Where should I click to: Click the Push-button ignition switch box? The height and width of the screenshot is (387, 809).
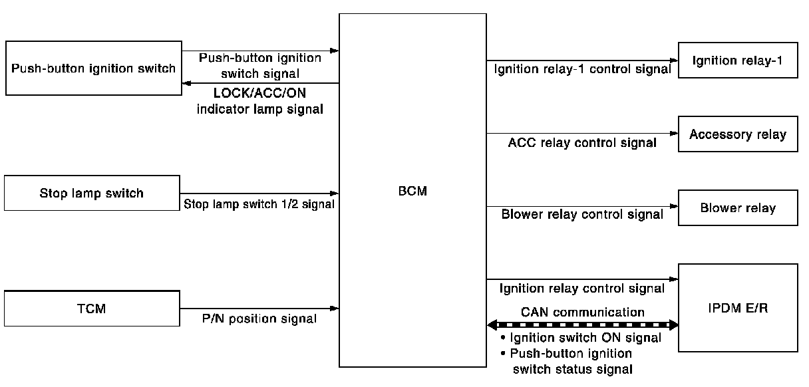coord(94,68)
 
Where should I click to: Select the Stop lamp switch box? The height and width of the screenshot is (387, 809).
coord(92,193)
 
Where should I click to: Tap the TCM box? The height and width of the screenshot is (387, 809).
coord(92,309)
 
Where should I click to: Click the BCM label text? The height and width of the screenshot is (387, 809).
coord(412,191)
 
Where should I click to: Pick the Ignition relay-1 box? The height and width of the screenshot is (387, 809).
coord(738,61)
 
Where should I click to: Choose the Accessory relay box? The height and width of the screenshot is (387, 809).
coord(738,134)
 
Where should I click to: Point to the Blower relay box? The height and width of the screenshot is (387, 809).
coord(738,208)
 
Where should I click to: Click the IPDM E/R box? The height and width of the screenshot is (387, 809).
coord(738,308)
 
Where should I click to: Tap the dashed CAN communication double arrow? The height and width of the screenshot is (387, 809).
coord(583,325)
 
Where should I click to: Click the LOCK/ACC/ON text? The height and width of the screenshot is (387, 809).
coord(259,93)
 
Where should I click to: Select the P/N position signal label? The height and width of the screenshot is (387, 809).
coord(259,319)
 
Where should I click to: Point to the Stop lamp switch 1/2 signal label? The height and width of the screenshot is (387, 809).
coord(259,204)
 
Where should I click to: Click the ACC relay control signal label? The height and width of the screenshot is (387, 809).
coord(582,142)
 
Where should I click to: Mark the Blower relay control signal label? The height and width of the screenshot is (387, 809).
coord(582,214)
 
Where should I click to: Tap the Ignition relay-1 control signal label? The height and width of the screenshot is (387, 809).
coord(582,69)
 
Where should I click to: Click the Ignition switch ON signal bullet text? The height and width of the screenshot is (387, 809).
coord(581,338)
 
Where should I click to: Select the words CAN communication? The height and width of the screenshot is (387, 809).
coord(583,312)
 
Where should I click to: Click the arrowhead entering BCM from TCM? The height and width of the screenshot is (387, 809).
coord(335,309)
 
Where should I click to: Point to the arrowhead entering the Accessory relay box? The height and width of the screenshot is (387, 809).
coord(673,134)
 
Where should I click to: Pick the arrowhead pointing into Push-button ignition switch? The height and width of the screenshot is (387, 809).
coord(187,83)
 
